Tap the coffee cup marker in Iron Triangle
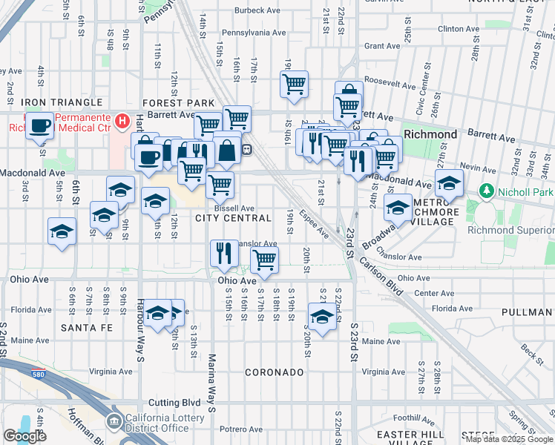pyautogui.click(x=41, y=125)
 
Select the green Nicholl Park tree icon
pyautogui.click(x=487, y=191)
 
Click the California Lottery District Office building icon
pyautogui.click(x=114, y=422)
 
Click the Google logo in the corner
pyautogui.click(x=24, y=436)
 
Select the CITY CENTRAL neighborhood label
pyautogui.click(x=234, y=218)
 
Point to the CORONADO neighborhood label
pyautogui.click(x=275, y=372)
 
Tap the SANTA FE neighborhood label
pyautogui.click(x=86, y=327)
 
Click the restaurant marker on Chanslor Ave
pyautogui.click(x=222, y=254)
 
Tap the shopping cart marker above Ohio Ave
pyautogui.click(x=264, y=260)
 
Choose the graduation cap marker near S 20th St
pyautogui.click(x=321, y=317)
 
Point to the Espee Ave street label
pyautogui.click(x=315, y=223)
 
